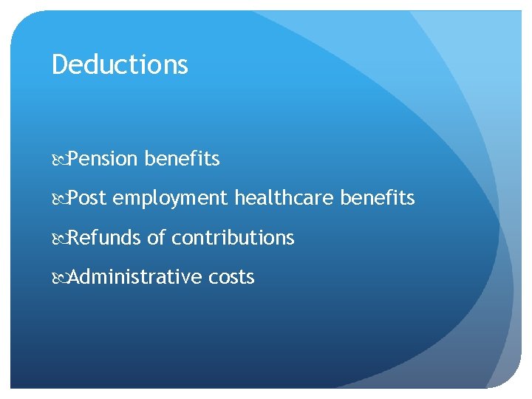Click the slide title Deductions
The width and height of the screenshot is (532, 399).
coord(120,65)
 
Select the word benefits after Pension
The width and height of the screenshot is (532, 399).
coord(183,159)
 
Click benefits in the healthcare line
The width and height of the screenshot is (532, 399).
coord(379,198)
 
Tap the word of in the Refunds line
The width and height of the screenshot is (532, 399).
coord(156,238)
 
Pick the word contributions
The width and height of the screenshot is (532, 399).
coord(233,238)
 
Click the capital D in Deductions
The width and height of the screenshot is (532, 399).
coord(59,65)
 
